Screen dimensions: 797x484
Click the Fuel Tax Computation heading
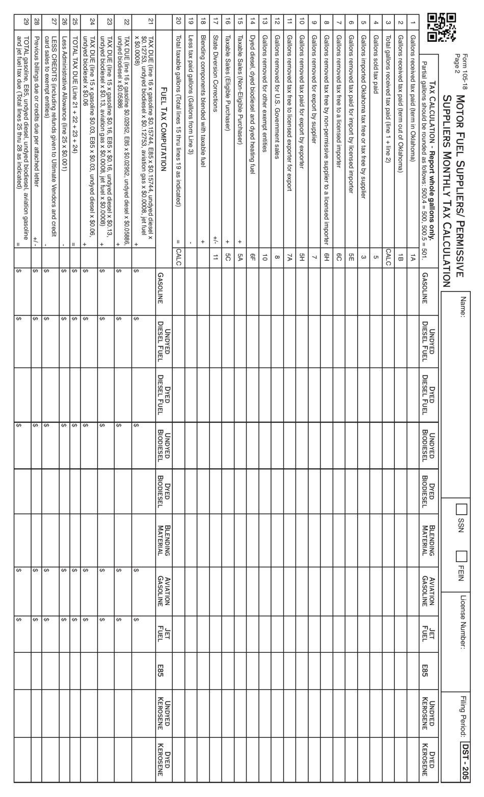(163, 144)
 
